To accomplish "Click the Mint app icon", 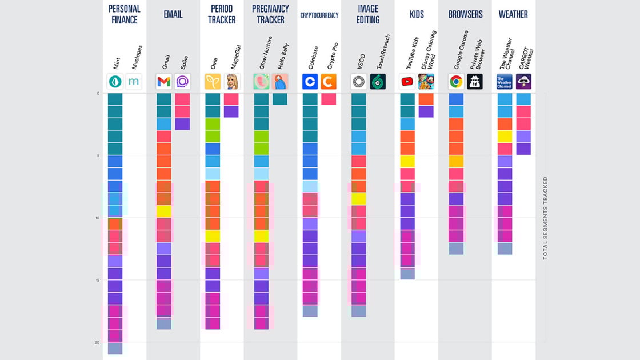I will (x=115, y=81).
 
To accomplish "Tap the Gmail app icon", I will (x=163, y=81).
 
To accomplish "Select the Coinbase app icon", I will (x=310, y=81).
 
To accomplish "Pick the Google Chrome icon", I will (x=456, y=81).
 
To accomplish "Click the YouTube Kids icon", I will (x=407, y=81).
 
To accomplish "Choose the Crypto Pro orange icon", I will (x=329, y=81).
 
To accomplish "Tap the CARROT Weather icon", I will (x=523, y=81).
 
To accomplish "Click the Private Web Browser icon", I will (x=475, y=81).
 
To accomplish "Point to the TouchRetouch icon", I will (x=377, y=81).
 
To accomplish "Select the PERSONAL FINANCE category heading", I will (x=124, y=14).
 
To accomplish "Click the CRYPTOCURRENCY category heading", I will (x=319, y=15).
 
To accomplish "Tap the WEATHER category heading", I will (x=513, y=14).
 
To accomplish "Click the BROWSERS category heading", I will (x=465, y=14).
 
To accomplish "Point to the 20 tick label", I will (x=97, y=342).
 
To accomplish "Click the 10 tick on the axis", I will (x=97, y=218).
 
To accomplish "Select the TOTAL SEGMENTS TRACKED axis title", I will (x=545, y=218).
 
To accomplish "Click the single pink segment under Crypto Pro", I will (x=329, y=99).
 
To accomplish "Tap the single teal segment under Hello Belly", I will (x=280, y=99).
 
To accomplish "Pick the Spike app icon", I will (x=182, y=81).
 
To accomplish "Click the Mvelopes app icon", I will (x=134, y=81).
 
